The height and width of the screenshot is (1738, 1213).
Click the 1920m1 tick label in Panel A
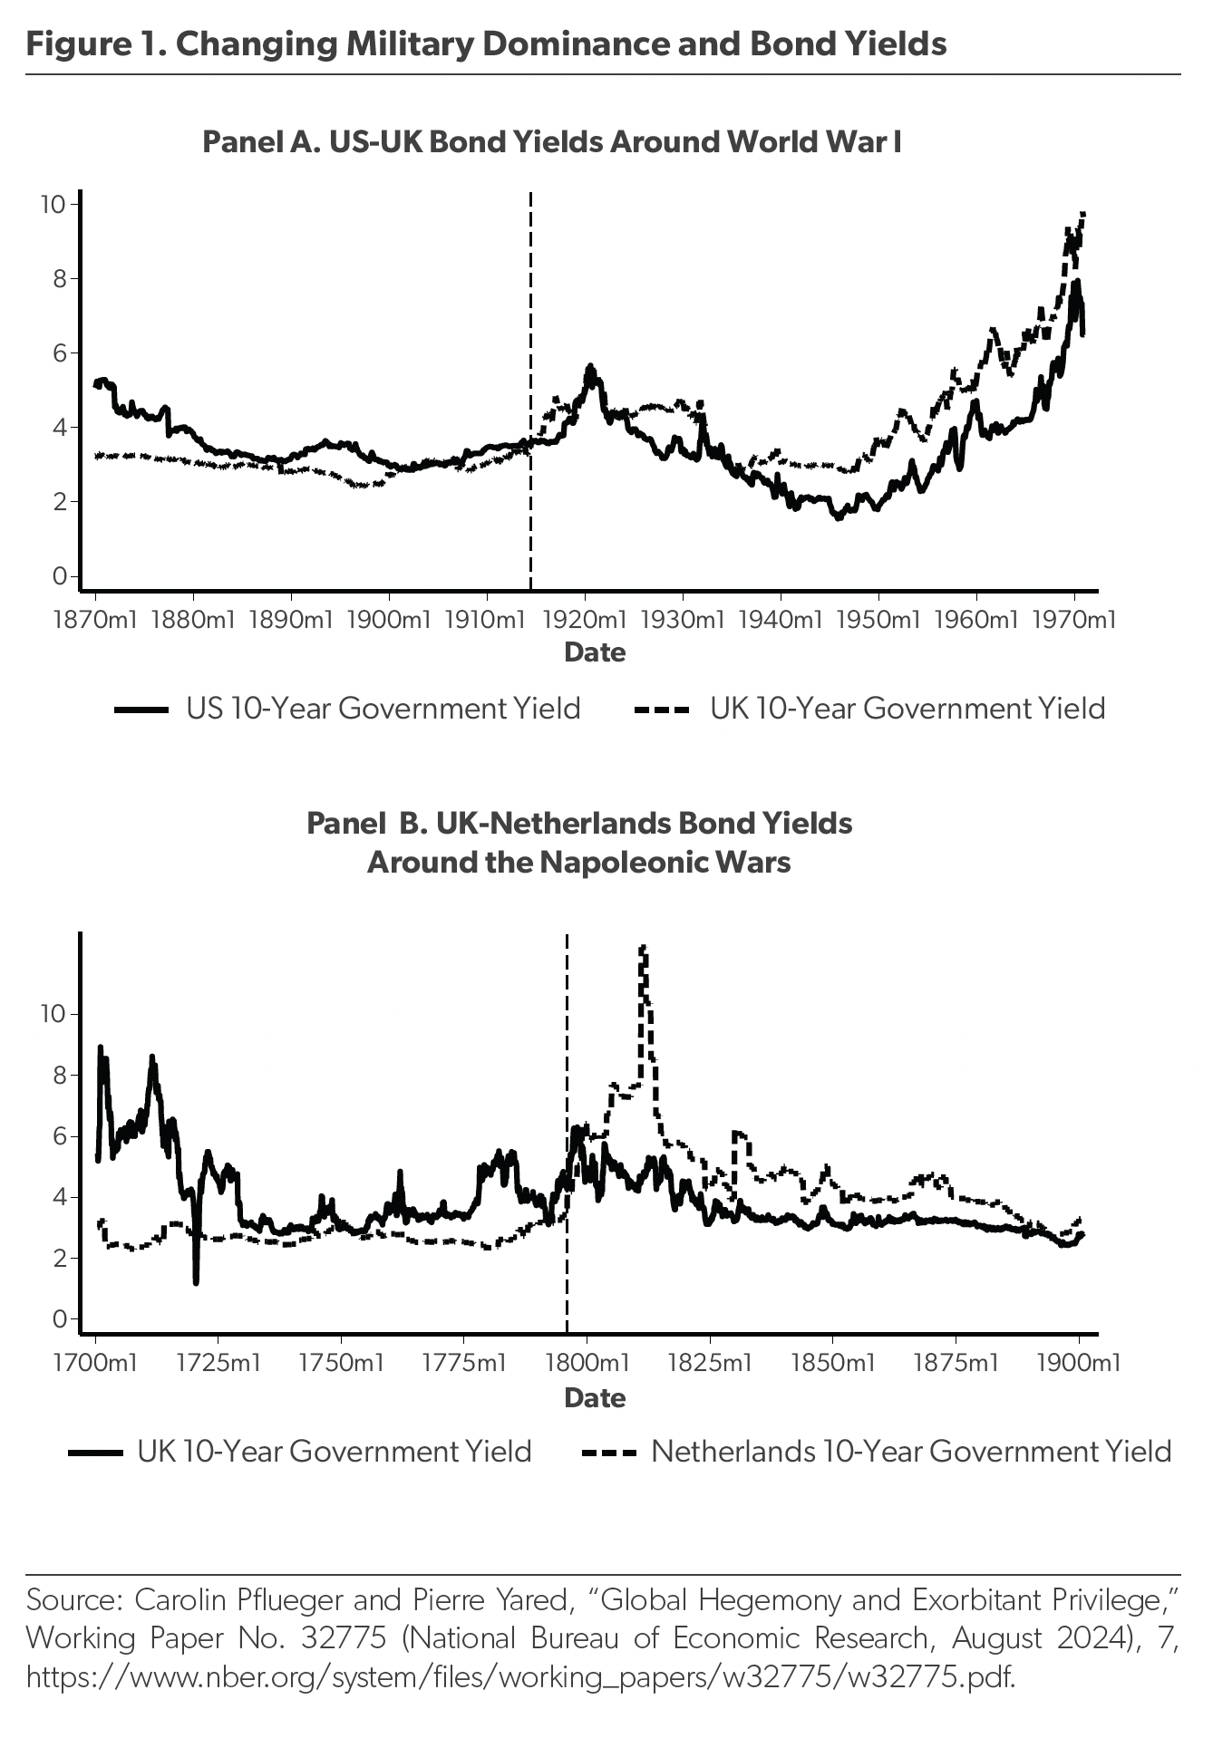point(585,621)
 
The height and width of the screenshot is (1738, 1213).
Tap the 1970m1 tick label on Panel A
point(1073,621)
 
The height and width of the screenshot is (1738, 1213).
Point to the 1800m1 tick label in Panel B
point(587,1363)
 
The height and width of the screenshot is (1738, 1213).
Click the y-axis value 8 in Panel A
point(59,278)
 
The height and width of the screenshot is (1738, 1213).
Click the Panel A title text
point(551,142)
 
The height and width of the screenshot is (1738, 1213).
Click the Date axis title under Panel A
point(595,652)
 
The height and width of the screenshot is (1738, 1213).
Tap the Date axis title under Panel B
point(595,1397)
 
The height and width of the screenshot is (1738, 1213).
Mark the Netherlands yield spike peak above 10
point(643,950)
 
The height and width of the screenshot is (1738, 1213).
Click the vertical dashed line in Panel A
point(530,390)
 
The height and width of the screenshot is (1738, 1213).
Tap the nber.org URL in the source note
point(520,1677)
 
